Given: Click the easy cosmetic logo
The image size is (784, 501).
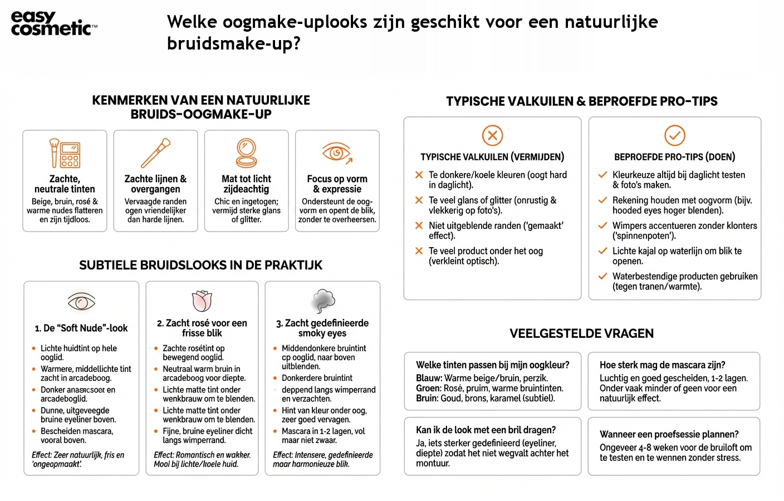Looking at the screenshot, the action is tap(53, 23).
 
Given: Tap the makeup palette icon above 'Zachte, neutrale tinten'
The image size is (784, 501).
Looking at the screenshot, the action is tap(65, 153).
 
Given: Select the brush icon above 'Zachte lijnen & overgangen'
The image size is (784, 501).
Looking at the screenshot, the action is tap(155, 153).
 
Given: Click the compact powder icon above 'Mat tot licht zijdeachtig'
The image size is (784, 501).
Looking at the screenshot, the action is tap(246, 153).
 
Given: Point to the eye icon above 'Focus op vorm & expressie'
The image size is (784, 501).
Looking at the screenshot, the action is tap(337, 153).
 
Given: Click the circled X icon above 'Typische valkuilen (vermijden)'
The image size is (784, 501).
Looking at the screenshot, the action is tap(492, 135).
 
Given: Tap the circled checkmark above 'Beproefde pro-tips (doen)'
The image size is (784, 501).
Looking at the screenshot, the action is tap(675, 135).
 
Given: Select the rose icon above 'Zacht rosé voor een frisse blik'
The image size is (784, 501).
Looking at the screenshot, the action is tap(202, 301).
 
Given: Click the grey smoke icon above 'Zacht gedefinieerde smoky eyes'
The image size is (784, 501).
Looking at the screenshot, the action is tap(322, 301).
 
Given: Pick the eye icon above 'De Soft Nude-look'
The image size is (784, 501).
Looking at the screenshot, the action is tap(81, 302).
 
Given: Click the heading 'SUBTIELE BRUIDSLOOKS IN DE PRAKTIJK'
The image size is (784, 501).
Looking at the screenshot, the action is tap(200, 265).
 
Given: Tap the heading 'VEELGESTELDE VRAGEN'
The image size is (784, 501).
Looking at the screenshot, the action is tap(581, 333).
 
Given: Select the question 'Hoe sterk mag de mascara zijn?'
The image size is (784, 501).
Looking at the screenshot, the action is tap(662, 365).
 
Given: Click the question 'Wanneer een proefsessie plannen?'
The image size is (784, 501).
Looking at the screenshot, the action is tap(669, 434).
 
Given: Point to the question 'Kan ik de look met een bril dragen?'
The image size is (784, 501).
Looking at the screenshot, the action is tap(486, 430).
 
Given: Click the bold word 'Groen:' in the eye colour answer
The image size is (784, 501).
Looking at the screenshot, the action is tap(428, 388).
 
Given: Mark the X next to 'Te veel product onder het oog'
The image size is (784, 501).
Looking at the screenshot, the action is tap(419, 251).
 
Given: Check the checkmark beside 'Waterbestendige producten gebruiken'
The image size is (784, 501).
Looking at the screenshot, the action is tap(602, 276).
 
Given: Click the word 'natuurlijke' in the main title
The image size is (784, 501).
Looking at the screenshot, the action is tap(611, 22).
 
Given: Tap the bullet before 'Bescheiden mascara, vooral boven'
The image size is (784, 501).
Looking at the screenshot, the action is tap(34, 431).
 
